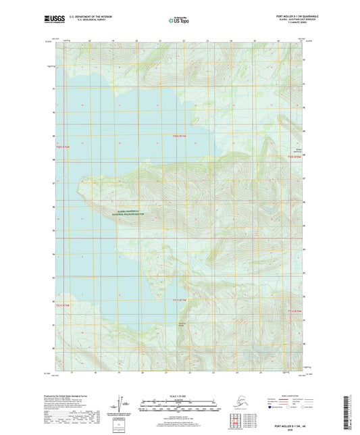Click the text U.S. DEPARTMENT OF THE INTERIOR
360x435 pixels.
[86, 15]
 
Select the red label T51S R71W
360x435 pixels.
[178, 300]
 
